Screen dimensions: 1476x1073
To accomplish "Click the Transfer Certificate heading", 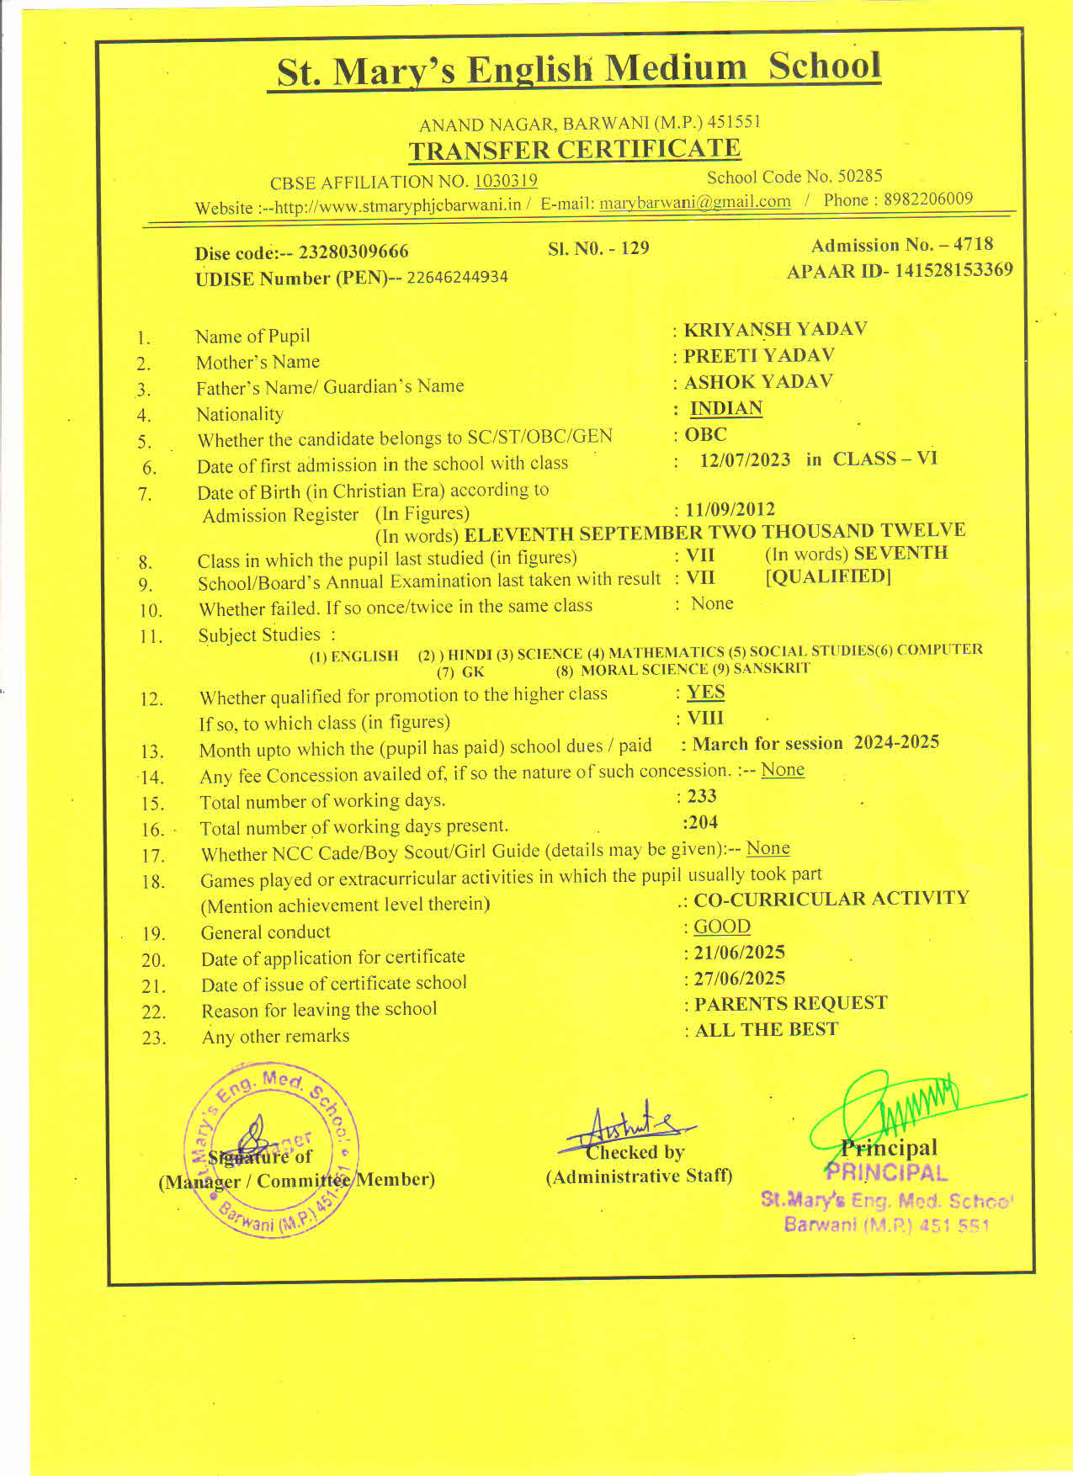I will [x=574, y=150].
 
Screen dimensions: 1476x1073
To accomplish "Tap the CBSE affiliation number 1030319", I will [x=505, y=181].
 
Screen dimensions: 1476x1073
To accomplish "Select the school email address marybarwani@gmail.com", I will [x=694, y=202].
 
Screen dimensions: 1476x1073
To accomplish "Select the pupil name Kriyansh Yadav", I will [x=774, y=329].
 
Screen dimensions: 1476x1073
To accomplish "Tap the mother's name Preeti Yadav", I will [x=758, y=356].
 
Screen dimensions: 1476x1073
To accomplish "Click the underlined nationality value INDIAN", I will [x=725, y=409].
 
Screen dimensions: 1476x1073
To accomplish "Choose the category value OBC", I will [x=705, y=435].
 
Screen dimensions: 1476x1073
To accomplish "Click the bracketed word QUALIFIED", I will [x=828, y=577].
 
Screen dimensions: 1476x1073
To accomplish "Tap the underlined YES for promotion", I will [x=705, y=693].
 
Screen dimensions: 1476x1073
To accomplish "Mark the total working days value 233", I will [x=702, y=796].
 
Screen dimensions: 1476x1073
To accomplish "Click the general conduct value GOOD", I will [x=721, y=926].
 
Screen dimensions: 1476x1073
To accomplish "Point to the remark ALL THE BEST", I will [x=766, y=1030].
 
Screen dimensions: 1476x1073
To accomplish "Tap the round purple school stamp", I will [x=271, y=1149].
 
